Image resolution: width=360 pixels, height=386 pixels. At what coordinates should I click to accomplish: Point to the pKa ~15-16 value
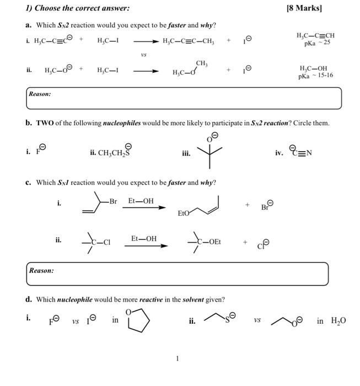click(315, 75)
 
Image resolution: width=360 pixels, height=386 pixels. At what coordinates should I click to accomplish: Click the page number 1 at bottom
click(177, 359)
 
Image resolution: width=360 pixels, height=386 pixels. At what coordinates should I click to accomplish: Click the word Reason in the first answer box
click(40, 94)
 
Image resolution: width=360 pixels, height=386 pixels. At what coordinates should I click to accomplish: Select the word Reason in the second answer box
click(42, 271)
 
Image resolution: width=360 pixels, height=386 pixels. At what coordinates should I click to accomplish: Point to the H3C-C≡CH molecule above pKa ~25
click(315, 35)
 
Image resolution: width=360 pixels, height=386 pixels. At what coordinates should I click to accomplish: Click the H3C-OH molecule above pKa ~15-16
click(314, 67)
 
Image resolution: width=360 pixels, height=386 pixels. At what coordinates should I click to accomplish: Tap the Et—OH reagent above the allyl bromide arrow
click(141, 201)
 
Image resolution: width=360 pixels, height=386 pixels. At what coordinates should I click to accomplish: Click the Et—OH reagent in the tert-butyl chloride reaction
click(144, 238)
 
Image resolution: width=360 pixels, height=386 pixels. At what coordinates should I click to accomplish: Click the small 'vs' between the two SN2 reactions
click(143, 55)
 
